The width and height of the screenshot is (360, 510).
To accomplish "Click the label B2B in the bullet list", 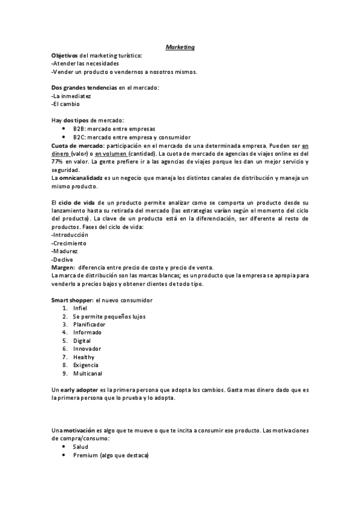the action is point(79,129).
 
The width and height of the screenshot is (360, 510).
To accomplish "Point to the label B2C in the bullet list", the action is point(79,137).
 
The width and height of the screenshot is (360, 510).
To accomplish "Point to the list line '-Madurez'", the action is point(66,251).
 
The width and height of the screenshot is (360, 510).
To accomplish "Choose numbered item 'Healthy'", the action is point(84,357).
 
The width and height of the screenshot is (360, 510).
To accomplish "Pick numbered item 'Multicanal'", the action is point(88,373).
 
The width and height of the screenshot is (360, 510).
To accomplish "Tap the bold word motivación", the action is point(79,431).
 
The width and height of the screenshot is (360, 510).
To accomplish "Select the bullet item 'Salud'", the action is point(81,447).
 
